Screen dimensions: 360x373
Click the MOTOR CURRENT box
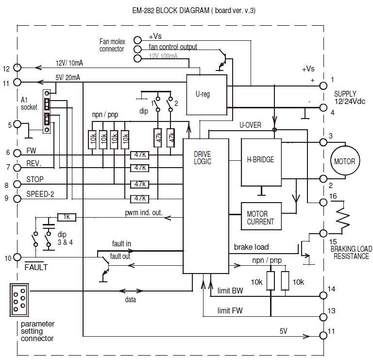(261, 218)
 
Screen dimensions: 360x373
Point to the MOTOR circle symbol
(344, 162)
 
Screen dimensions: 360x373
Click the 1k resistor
(66, 217)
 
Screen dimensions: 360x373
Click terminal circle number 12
(18, 68)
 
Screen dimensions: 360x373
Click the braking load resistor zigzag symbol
(344, 217)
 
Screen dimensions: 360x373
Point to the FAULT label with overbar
(35, 267)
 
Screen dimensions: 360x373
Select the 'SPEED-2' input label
(41, 194)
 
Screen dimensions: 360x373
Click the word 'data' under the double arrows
(130, 300)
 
